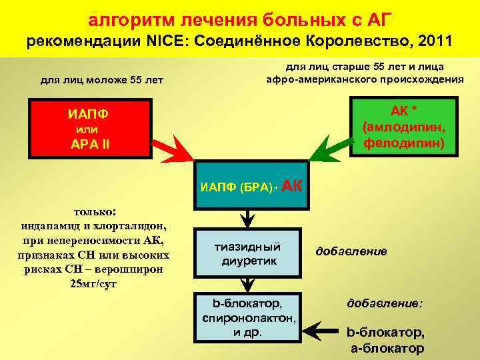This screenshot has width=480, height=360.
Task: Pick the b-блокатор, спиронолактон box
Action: (x=249, y=317)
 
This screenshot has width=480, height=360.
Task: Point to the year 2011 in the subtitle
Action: (x=433, y=41)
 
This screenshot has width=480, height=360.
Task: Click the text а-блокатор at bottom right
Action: (x=386, y=348)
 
